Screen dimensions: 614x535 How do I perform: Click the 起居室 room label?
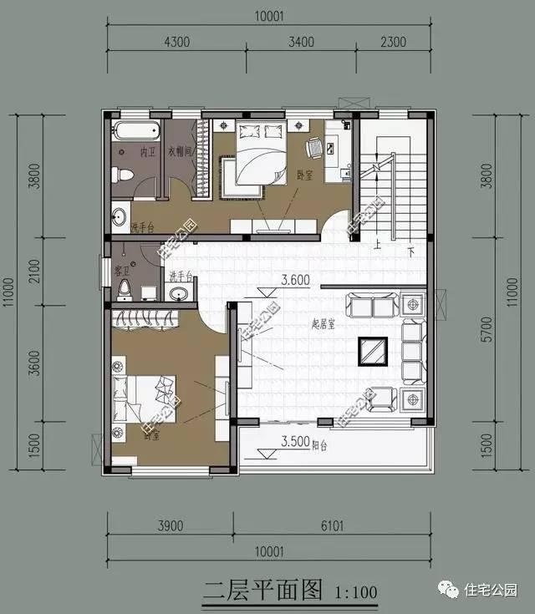322,324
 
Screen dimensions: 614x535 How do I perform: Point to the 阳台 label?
318,445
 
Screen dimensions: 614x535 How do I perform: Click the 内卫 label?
147,153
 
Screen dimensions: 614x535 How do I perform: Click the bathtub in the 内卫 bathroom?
135,130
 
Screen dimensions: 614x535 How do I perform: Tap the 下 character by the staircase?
410,251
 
